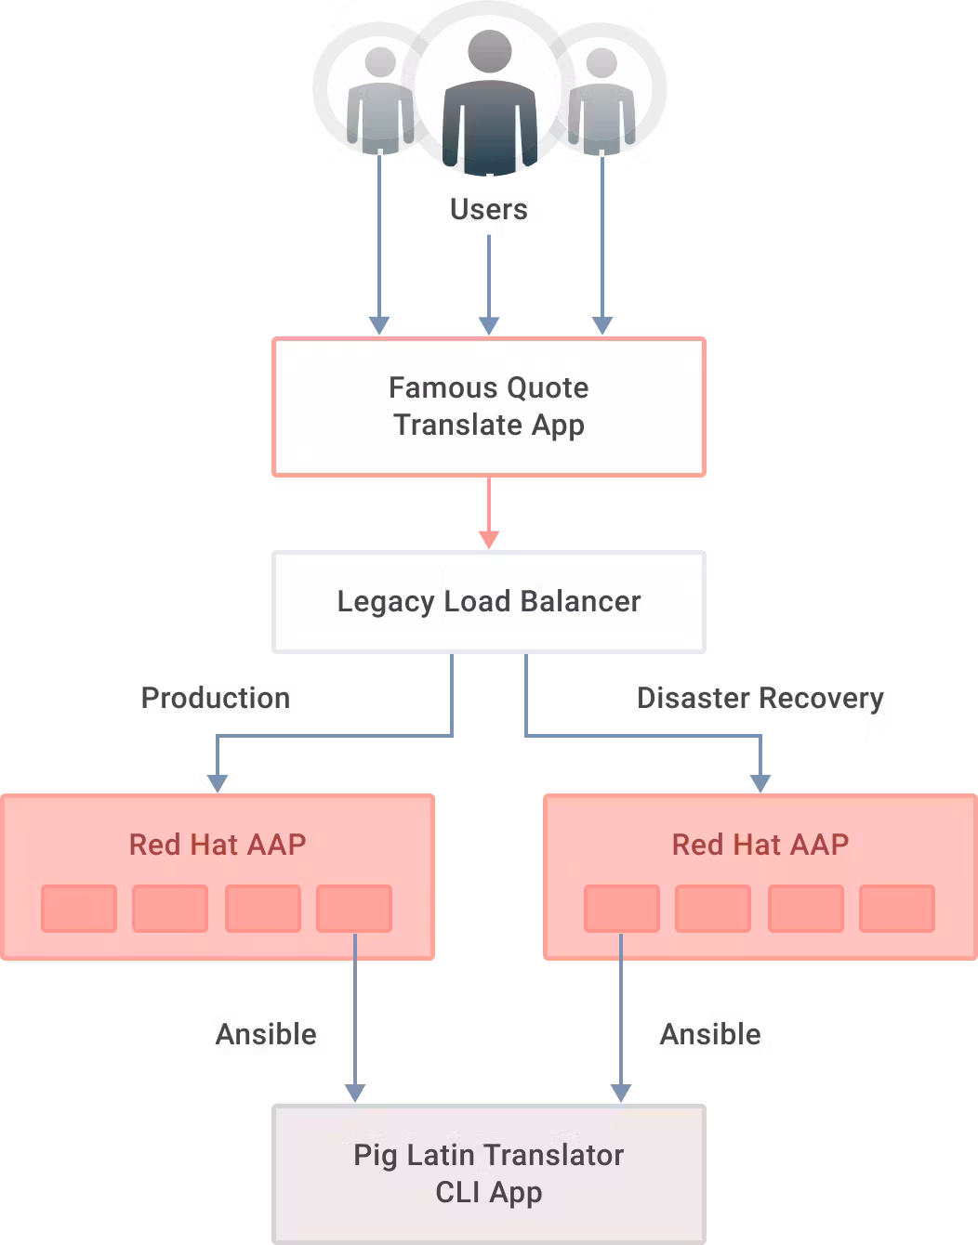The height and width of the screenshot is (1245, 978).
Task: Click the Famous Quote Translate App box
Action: [489, 407]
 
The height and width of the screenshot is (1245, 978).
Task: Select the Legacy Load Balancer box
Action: [489, 602]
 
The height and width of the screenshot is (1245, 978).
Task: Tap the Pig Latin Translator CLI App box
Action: [489, 1173]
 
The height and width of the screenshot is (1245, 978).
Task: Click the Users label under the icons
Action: [489, 210]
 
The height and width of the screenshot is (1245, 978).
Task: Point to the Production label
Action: [216, 699]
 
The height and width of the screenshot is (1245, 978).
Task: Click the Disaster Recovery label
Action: [760, 699]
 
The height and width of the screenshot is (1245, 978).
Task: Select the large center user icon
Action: [490, 93]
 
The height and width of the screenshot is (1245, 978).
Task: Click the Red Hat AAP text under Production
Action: [218, 845]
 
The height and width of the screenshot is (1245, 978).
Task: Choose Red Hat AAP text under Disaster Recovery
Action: [760, 845]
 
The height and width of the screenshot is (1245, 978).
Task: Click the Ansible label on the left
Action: [267, 1035]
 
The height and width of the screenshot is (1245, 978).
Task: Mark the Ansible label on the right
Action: [711, 1035]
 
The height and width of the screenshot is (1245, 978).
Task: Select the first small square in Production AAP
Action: [79, 909]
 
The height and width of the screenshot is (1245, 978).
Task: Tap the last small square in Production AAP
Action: [354, 909]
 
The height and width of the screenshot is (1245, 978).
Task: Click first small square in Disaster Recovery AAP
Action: [622, 909]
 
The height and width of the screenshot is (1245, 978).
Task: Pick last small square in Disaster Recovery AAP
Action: [897, 909]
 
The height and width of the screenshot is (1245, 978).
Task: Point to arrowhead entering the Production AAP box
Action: [218, 783]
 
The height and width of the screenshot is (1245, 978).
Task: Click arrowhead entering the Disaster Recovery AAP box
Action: [760, 783]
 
